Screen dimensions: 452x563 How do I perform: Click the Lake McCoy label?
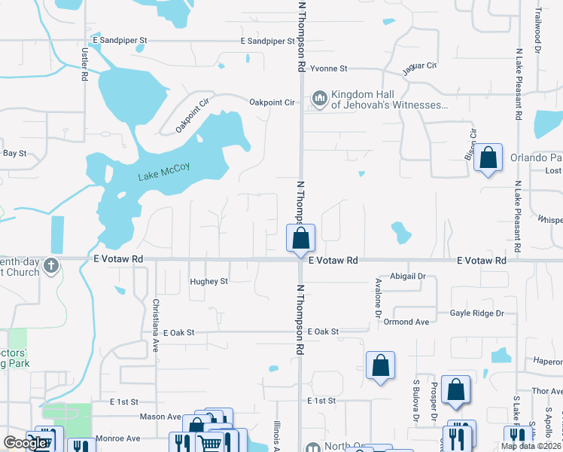click(x=164, y=176)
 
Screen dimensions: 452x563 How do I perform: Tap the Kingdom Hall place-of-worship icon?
click(x=320, y=99)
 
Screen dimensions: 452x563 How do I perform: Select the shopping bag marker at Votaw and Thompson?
click(x=300, y=238)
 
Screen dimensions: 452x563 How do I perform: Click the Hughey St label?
click(x=208, y=282)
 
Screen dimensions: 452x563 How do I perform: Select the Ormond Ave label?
click(x=406, y=322)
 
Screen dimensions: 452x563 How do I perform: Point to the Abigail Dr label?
click(x=407, y=276)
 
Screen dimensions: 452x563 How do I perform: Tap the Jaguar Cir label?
click(x=420, y=66)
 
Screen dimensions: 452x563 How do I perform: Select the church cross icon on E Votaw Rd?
click(x=50, y=265)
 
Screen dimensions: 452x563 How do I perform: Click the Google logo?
click(x=25, y=443)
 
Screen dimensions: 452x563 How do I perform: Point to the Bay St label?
click(x=15, y=153)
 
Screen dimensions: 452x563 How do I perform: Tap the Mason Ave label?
click(x=160, y=417)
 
